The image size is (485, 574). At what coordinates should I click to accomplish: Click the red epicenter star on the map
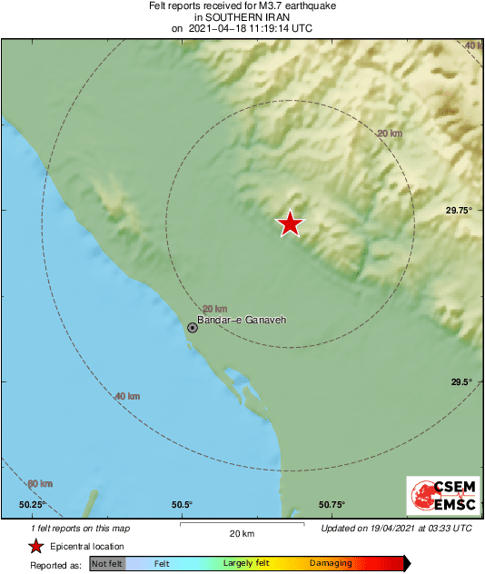tap(290, 223)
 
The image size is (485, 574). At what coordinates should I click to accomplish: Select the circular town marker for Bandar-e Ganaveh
tap(193, 327)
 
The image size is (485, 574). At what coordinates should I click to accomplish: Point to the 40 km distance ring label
tap(127, 396)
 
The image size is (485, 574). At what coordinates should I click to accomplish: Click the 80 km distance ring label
tap(39, 483)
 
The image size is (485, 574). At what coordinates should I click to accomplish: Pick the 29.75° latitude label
tap(459, 210)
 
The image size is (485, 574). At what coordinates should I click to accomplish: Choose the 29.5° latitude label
tap(461, 382)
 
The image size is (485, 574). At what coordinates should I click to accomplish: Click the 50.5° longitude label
tap(182, 505)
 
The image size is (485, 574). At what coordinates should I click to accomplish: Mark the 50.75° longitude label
tap(332, 505)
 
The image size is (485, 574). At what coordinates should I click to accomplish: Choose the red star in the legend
tap(35, 546)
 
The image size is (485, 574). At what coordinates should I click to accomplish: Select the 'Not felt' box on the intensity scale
tap(107, 564)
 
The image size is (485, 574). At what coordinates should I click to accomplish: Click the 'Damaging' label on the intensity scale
tap(331, 564)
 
